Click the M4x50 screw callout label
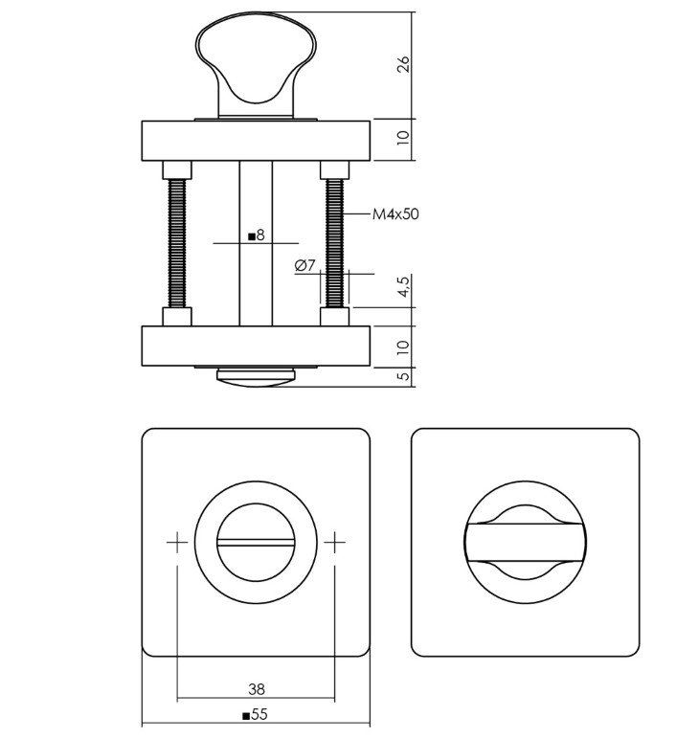[x=395, y=214]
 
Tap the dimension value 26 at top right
[x=403, y=64]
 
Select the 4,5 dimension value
[x=403, y=287]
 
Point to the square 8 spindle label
[x=256, y=235]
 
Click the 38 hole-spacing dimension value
[x=256, y=688]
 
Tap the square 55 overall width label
[x=256, y=714]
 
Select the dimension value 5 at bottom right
[x=403, y=376]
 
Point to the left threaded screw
[x=177, y=244]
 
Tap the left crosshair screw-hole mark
[x=177, y=543]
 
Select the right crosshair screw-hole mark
[x=334, y=543]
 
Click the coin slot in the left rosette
[x=256, y=543]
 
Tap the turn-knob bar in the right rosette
[x=524, y=543]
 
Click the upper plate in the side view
[x=256, y=141]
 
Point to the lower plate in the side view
[x=256, y=346]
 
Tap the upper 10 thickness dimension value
[x=403, y=141]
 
